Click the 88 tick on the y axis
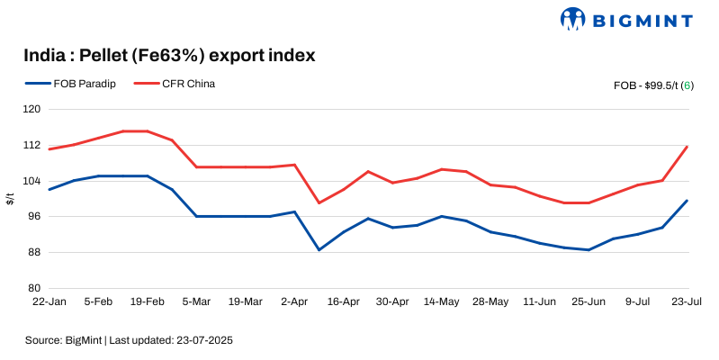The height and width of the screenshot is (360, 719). [35, 252]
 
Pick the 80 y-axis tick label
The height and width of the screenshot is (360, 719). [35, 288]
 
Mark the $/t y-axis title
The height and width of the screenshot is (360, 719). [10, 199]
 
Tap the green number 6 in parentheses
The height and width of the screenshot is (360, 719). [687, 85]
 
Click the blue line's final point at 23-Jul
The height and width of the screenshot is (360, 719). [688, 201]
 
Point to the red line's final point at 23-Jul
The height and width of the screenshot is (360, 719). [688, 147]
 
